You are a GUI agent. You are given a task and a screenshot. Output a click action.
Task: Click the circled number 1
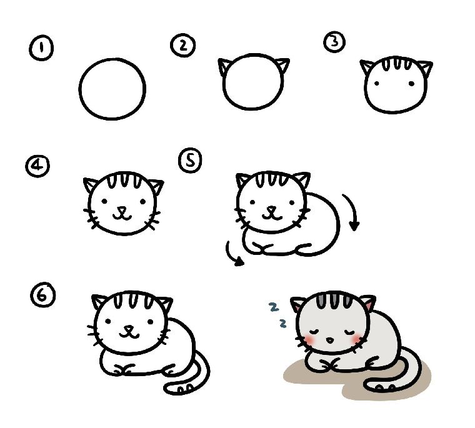click(41, 48)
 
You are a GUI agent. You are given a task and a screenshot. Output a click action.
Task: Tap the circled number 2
click(183, 46)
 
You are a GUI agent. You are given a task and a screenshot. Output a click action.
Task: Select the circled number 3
click(334, 41)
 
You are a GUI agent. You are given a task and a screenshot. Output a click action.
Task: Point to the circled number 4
click(37, 166)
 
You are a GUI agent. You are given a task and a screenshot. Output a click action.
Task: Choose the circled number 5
click(190, 160)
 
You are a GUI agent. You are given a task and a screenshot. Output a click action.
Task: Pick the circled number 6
click(43, 295)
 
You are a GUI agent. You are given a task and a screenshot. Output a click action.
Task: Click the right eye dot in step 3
click(411, 83)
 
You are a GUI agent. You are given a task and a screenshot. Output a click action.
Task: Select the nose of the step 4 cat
click(122, 209)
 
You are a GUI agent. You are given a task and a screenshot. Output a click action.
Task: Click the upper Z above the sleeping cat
click(274, 307)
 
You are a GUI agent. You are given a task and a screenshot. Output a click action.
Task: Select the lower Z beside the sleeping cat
click(283, 324)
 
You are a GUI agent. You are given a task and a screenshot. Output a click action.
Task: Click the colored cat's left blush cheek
click(310, 339)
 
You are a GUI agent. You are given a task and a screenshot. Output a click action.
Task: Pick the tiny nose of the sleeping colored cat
click(329, 341)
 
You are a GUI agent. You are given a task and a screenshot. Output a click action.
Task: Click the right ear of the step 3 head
click(426, 68)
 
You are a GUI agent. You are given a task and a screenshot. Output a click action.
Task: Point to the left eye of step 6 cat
click(108, 321)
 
